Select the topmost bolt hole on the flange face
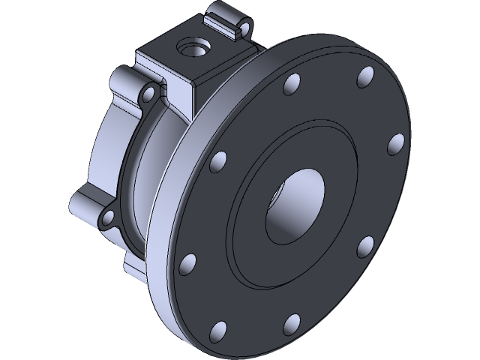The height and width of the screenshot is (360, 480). [x=366, y=75]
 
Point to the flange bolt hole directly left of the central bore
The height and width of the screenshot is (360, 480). [x=218, y=160]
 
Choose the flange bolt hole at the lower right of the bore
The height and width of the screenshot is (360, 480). [x=364, y=245]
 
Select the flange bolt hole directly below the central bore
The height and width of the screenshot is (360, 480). [x=289, y=323]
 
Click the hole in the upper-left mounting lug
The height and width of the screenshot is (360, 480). [x=148, y=93]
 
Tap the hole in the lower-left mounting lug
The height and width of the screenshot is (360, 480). [x=107, y=218]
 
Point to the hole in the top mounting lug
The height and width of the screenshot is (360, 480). [x=240, y=30]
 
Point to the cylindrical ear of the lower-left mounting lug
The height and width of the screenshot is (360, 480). [x=82, y=202]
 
